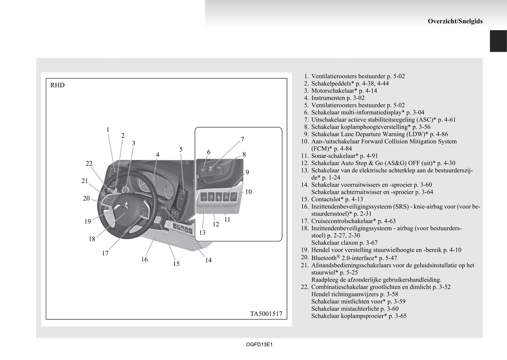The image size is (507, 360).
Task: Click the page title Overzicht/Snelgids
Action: (455, 21)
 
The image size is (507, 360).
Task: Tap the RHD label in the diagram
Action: (57, 85)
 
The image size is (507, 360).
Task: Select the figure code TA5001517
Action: (266, 314)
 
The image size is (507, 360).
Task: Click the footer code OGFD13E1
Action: (259, 344)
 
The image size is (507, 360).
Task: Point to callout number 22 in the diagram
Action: (89, 163)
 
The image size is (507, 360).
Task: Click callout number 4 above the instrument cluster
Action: (158, 155)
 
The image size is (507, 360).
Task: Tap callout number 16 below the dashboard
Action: (145, 259)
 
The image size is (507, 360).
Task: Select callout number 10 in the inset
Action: (248, 192)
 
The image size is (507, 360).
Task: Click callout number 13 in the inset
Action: (202, 233)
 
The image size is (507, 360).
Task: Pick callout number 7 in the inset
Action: (242, 139)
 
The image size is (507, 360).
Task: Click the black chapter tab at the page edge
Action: (498, 41)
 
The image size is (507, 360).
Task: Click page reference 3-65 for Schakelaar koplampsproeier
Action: (401, 316)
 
